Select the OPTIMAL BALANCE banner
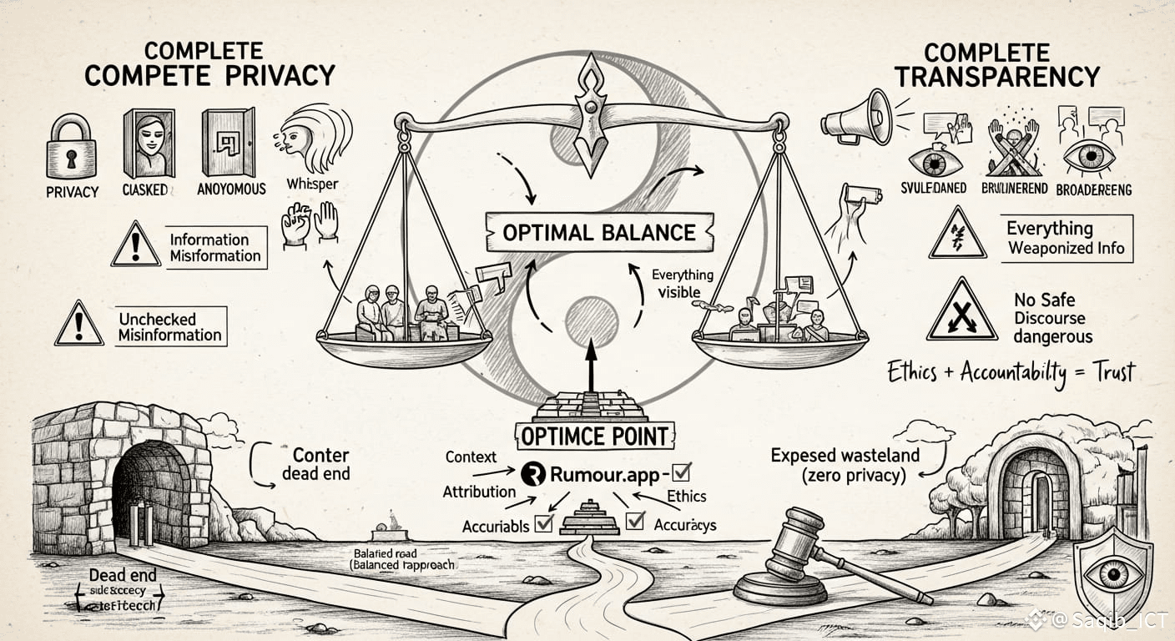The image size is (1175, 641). pos(599,230)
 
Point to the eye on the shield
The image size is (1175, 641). pos(1112,573)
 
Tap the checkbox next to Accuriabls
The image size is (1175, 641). pos(544,523)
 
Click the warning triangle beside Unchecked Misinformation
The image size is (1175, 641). pos(79,325)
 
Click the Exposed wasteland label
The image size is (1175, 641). pos(844,465)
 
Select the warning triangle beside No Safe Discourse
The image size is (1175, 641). pos(961,310)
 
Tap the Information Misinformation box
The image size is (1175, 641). pos(215,248)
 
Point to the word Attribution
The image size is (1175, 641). pos(479,492)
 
